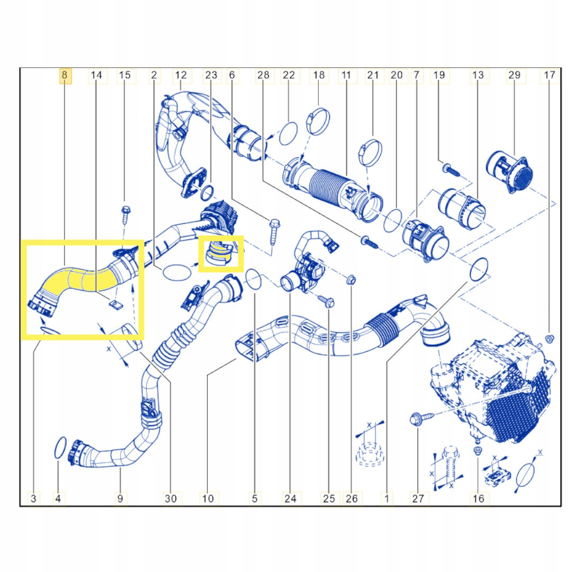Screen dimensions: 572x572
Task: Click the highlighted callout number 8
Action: click(65, 75)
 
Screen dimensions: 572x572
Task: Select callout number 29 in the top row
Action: click(514, 75)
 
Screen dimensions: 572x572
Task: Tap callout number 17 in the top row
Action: click(549, 75)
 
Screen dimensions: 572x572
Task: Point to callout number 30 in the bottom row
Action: click(171, 498)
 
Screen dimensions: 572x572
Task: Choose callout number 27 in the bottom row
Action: click(418, 498)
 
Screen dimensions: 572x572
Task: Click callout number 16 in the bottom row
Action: click(478, 498)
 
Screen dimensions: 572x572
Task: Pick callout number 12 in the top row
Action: click(181, 75)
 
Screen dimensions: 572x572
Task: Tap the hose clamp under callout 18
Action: click(318, 121)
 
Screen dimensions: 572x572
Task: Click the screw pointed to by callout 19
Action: click(451, 170)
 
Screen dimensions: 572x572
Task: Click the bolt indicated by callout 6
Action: click(274, 231)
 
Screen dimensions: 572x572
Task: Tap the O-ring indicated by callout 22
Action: click(288, 134)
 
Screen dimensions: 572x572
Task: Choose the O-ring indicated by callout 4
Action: click(60, 448)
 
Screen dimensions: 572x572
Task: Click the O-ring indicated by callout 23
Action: click(207, 193)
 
